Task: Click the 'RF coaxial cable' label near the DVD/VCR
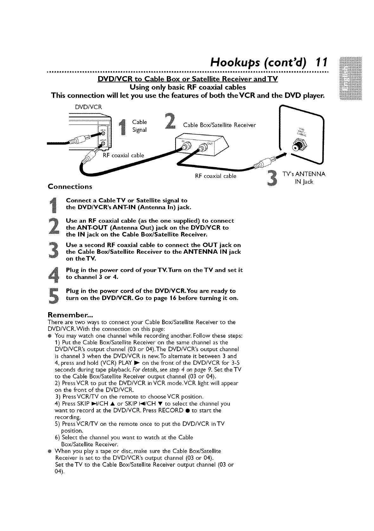(124, 155)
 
